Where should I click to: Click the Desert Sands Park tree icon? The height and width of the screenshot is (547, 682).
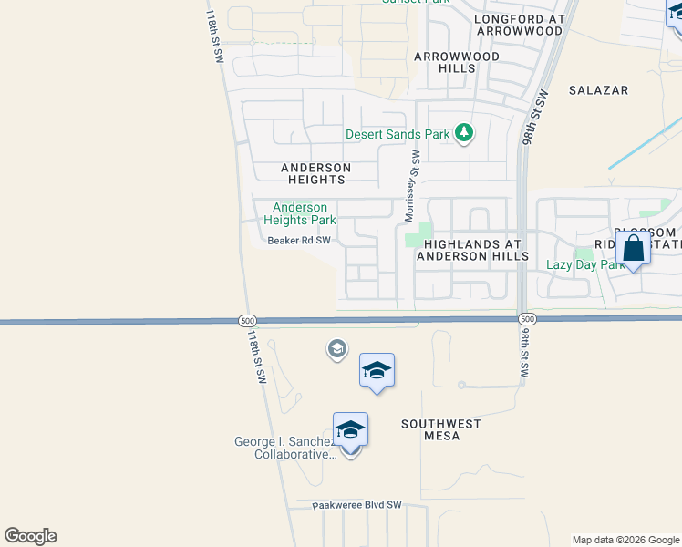pyautogui.click(x=464, y=134)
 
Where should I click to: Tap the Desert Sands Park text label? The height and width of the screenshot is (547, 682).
pyautogui.click(x=398, y=134)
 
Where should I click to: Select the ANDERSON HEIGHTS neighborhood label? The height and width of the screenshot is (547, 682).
pyautogui.click(x=315, y=173)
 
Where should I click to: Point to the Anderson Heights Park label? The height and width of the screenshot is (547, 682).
pyautogui.click(x=300, y=213)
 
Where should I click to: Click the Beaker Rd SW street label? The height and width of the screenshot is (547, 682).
pyautogui.click(x=298, y=241)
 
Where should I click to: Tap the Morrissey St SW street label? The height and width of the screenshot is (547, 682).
pyautogui.click(x=412, y=186)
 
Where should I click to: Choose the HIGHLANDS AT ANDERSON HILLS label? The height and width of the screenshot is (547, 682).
pyautogui.click(x=472, y=250)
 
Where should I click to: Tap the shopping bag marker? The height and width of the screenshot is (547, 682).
pyautogui.click(x=633, y=248)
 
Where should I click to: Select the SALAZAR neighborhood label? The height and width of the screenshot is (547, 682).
pyautogui.click(x=599, y=90)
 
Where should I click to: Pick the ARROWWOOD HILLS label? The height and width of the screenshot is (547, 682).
pyautogui.click(x=444, y=62)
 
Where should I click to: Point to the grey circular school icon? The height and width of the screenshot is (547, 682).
pyautogui.click(x=336, y=349)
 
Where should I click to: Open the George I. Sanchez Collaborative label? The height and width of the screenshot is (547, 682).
pyautogui.click(x=285, y=448)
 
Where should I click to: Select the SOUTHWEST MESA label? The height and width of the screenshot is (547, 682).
pyautogui.click(x=441, y=429)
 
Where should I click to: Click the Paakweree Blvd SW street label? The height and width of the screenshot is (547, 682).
pyautogui.click(x=356, y=504)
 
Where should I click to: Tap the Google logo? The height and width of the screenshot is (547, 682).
pyautogui.click(x=30, y=536)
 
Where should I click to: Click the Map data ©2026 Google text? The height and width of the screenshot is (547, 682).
pyautogui.click(x=625, y=540)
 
